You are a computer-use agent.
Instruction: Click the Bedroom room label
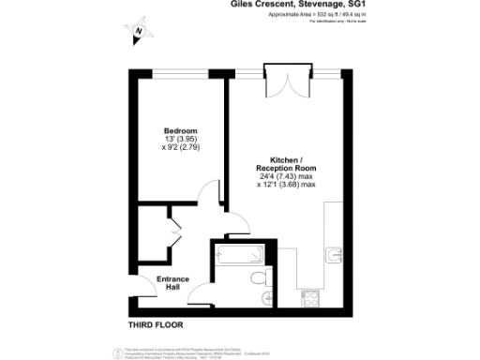180,130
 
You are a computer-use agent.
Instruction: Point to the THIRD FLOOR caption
157,325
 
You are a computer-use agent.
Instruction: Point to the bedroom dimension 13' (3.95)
179,140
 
